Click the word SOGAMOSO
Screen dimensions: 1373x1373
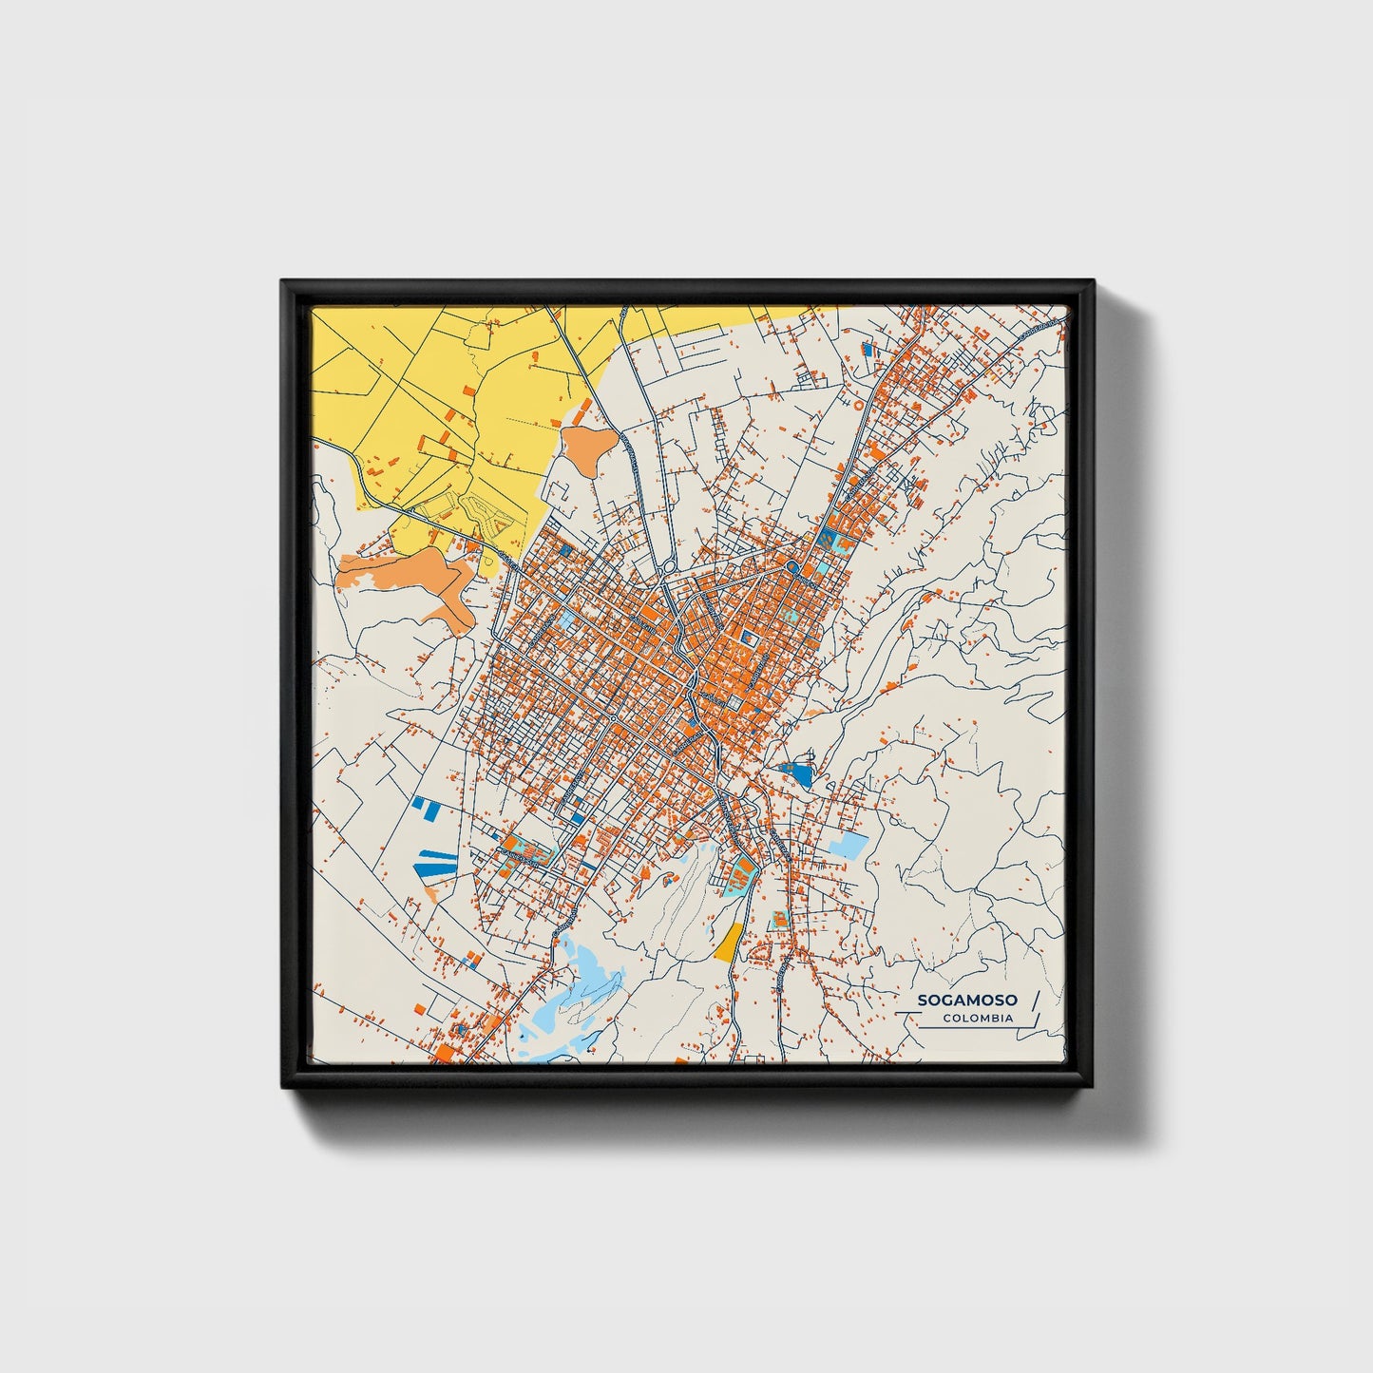(967, 1001)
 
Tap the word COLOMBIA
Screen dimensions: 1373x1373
(978, 1019)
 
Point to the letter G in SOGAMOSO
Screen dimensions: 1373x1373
(951, 1001)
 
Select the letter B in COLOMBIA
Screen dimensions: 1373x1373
(996, 1019)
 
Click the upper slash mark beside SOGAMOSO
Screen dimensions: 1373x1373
(1035, 1000)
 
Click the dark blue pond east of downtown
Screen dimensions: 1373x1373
(797, 774)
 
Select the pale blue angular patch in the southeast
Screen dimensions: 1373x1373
(849, 845)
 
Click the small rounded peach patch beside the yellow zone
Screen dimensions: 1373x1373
(585, 448)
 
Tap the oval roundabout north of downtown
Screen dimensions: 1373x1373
(670, 568)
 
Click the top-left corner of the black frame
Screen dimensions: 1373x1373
(282, 281)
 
